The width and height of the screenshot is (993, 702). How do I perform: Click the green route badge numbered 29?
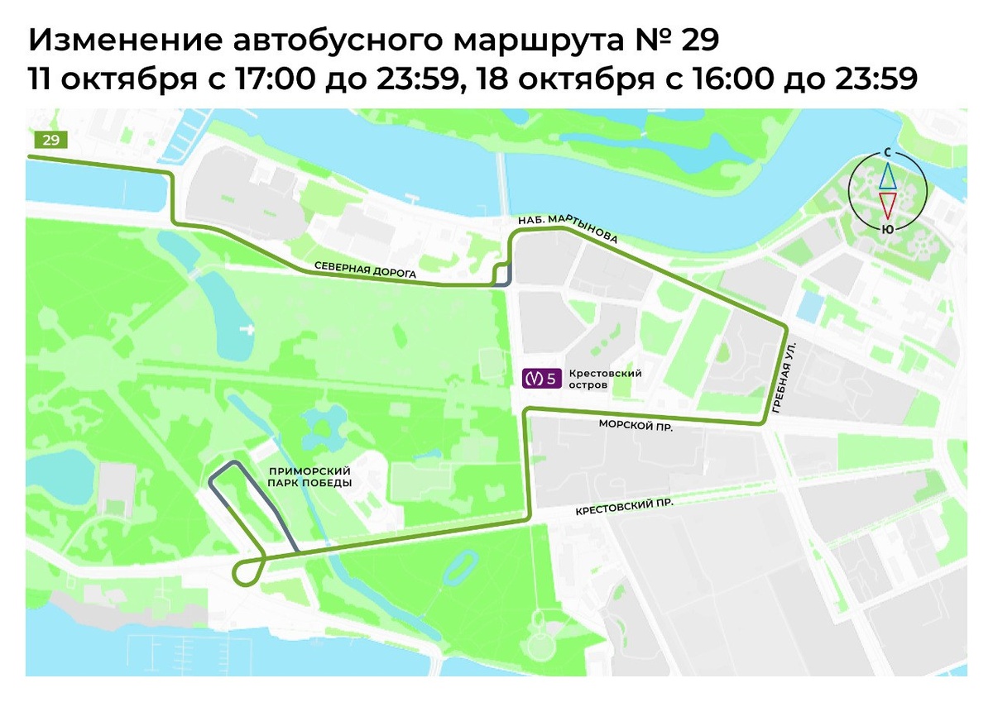[x=50, y=140]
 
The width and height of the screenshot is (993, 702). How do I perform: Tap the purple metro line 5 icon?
[x=541, y=379]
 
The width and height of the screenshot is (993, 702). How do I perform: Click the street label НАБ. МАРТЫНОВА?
[x=568, y=230]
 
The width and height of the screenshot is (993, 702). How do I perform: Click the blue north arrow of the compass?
[x=887, y=175]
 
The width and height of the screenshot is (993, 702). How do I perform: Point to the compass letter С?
[x=887, y=154]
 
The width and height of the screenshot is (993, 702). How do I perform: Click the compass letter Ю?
[x=887, y=229]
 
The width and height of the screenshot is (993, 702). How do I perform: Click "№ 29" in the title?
[x=674, y=39]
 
